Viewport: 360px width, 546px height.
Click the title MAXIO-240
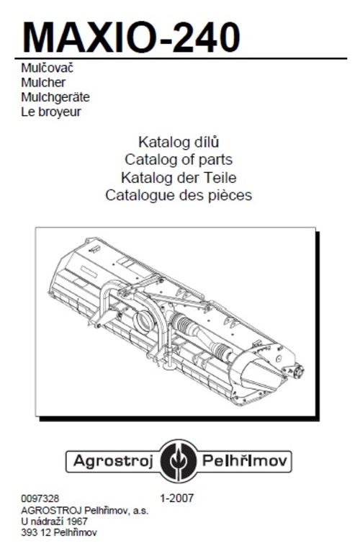coord(131,37)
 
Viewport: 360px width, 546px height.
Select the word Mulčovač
coord(48,68)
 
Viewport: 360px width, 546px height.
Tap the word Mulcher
coord(43,83)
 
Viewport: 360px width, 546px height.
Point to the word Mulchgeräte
coord(55,97)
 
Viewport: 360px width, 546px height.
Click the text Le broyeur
coord(51,112)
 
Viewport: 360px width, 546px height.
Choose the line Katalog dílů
coord(179,142)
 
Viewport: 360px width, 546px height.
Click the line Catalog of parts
coord(179,160)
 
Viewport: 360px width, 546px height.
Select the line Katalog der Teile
coord(179,178)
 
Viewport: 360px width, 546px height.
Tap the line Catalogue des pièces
coord(179,195)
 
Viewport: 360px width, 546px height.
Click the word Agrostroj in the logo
coord(113,462)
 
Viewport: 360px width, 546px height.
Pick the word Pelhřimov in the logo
coord(245,461)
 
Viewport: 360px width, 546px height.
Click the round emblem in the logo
coord(179,461)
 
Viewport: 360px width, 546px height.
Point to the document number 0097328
coord(40,498)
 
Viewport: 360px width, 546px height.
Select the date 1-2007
coord(176,498)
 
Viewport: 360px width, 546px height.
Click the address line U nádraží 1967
coord(54,522)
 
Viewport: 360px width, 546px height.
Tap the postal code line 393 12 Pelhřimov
coord(59,532)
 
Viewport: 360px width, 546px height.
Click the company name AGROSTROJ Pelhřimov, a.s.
coord(85,511)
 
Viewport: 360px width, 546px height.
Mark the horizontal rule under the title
coord(181,58)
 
